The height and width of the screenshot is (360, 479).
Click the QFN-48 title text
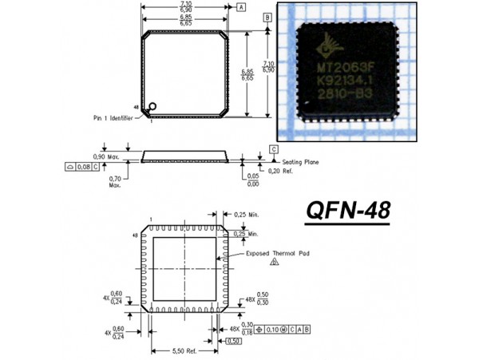tap(348, 211)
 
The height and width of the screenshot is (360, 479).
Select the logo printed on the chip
tap(329, 45)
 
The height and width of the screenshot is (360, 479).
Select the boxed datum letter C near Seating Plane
tap(273, 149)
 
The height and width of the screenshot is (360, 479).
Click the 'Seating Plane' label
tap(301, 162)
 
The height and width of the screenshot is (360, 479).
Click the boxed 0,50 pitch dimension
tap(233, 342)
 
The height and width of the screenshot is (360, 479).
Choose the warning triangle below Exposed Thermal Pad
tap(275, 261)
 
